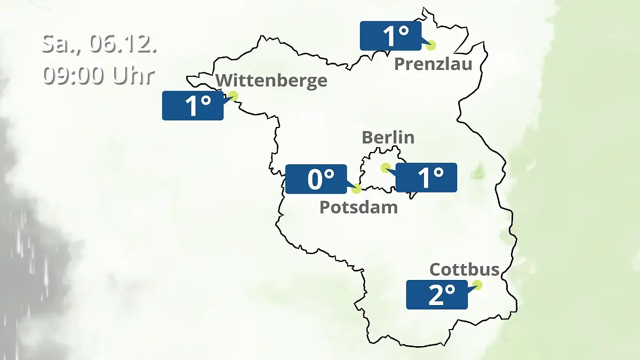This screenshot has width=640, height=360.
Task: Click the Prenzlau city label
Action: pyautogui.click(x=433, y=65)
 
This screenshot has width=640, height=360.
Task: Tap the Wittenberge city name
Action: pyautogui.click(x=271, y=81)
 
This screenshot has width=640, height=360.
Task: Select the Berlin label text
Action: pyautogui.click(x=388, y=138)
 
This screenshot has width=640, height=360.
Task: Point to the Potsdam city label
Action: pyautogui.click(x=358, y=207)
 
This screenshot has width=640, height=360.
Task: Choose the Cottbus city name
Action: pyautogui.click(x=465, y=269)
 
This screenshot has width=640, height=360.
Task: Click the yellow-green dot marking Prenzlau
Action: pyautogui.click(x=430, y=45)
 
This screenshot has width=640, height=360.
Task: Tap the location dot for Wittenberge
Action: pyautogui.click(x=233, y=96)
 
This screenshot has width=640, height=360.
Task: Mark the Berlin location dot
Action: pyautogui.click(x=385, y=168)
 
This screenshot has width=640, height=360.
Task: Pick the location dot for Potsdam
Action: pyautogui.click(x=356, y=188)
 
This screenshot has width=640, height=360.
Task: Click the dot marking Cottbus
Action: pyautogui.click(x=477, y=285)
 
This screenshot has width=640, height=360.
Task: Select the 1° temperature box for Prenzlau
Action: pyautogui.click(x=391, y=36)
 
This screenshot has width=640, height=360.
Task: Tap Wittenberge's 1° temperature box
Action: pyautogui.click(x=193, y=106)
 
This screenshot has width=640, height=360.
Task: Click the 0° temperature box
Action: pyautogui.click(x=316, y=179)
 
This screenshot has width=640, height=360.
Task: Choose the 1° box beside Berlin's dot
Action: pyautogui.click(x=426, y=178)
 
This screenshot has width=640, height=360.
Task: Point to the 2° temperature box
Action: pyautogui.click(x=437, y=294)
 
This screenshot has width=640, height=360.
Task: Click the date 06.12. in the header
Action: pyautogui.click(x=123, y=44)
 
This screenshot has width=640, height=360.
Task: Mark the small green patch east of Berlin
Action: pyautogui.click(x=478, y=172)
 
